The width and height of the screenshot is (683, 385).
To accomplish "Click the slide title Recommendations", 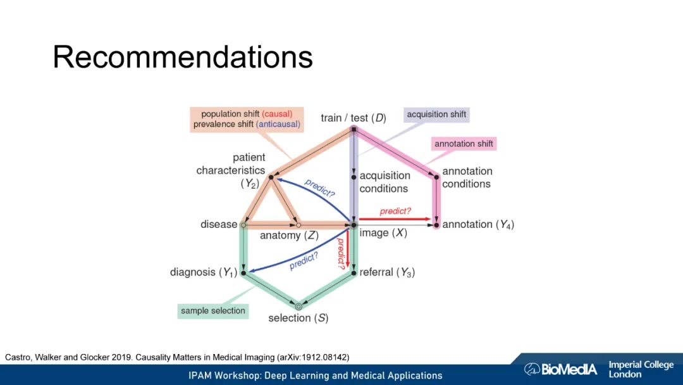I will (182, 57).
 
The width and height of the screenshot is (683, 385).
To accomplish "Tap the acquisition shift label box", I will (436, 115).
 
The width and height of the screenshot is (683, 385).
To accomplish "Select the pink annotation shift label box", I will (464, 144).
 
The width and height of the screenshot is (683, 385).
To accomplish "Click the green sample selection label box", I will (212, 311).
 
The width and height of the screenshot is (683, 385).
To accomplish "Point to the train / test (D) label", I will (353, 118).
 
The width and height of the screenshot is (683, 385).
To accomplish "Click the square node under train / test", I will (354, 130).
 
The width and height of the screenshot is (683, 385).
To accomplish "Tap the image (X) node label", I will (383, 233).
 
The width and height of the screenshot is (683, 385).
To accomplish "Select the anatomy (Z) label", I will (289, 236).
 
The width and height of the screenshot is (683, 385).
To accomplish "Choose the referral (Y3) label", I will (387, 273).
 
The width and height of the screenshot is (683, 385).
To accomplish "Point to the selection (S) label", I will (298, 318).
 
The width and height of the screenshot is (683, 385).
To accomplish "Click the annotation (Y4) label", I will (477, 224).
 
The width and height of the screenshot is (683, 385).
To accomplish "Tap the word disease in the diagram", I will (219, 224).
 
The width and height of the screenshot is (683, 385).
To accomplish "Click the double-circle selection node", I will (298, 306).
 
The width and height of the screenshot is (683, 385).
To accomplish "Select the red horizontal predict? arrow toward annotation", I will (396, 219).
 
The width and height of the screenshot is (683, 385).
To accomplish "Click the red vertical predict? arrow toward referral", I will (348, 247).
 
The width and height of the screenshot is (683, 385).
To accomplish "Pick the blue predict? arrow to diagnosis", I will (297, 251).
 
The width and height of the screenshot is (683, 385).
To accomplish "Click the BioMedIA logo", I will (560, 369).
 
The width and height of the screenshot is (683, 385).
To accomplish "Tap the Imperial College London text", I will (640, 369).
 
